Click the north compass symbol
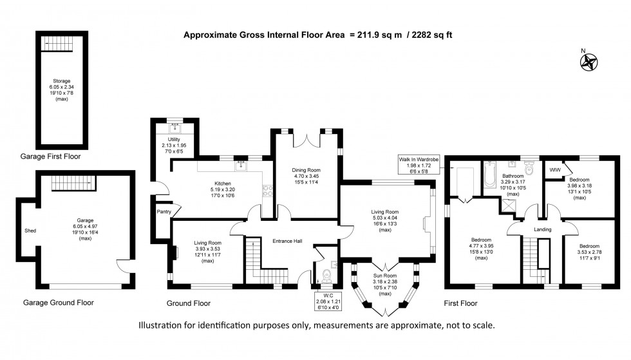pos(589,61)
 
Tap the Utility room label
pos(173,139)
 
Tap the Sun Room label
pos(386,275)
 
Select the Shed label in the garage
pos(30,230)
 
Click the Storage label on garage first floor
pos(62,81)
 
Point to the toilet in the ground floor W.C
pos(326,275)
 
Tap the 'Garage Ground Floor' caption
pos(59,302)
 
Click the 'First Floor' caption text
pos(460,302)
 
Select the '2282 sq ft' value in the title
pos(429,35)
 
